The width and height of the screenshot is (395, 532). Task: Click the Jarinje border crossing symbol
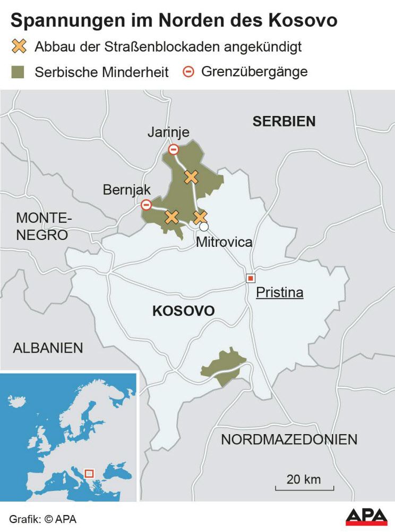tap(174, 149)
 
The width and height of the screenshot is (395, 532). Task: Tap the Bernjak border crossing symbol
tap(146, 205)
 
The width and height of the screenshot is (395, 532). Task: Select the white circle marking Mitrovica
tap(204, 227)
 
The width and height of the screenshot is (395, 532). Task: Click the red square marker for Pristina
tap(250, 278)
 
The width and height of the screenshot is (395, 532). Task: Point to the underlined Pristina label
tap(280, 293)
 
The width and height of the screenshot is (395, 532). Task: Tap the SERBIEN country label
tap(284, 121)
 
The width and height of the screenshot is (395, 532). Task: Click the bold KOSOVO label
tap(183, 311)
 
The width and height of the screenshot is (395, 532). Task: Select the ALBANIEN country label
tap(48, 348)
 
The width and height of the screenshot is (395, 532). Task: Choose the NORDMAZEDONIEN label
tap(289, 439)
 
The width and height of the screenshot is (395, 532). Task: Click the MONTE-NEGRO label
tap(42, 226)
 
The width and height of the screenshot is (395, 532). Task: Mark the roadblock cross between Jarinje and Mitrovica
tap(191, 177)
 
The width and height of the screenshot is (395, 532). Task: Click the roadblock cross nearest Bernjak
tap(171, 217)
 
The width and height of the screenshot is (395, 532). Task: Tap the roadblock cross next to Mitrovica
tap(200, 217)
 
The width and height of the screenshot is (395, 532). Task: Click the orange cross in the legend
tap(19, 46)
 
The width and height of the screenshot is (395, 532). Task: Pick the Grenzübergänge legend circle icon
tap(188, 71)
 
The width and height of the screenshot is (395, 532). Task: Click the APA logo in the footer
tap(366, 517)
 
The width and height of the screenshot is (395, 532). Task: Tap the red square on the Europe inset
tap(89, 473)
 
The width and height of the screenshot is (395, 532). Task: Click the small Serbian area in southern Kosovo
tap(223, 366)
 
